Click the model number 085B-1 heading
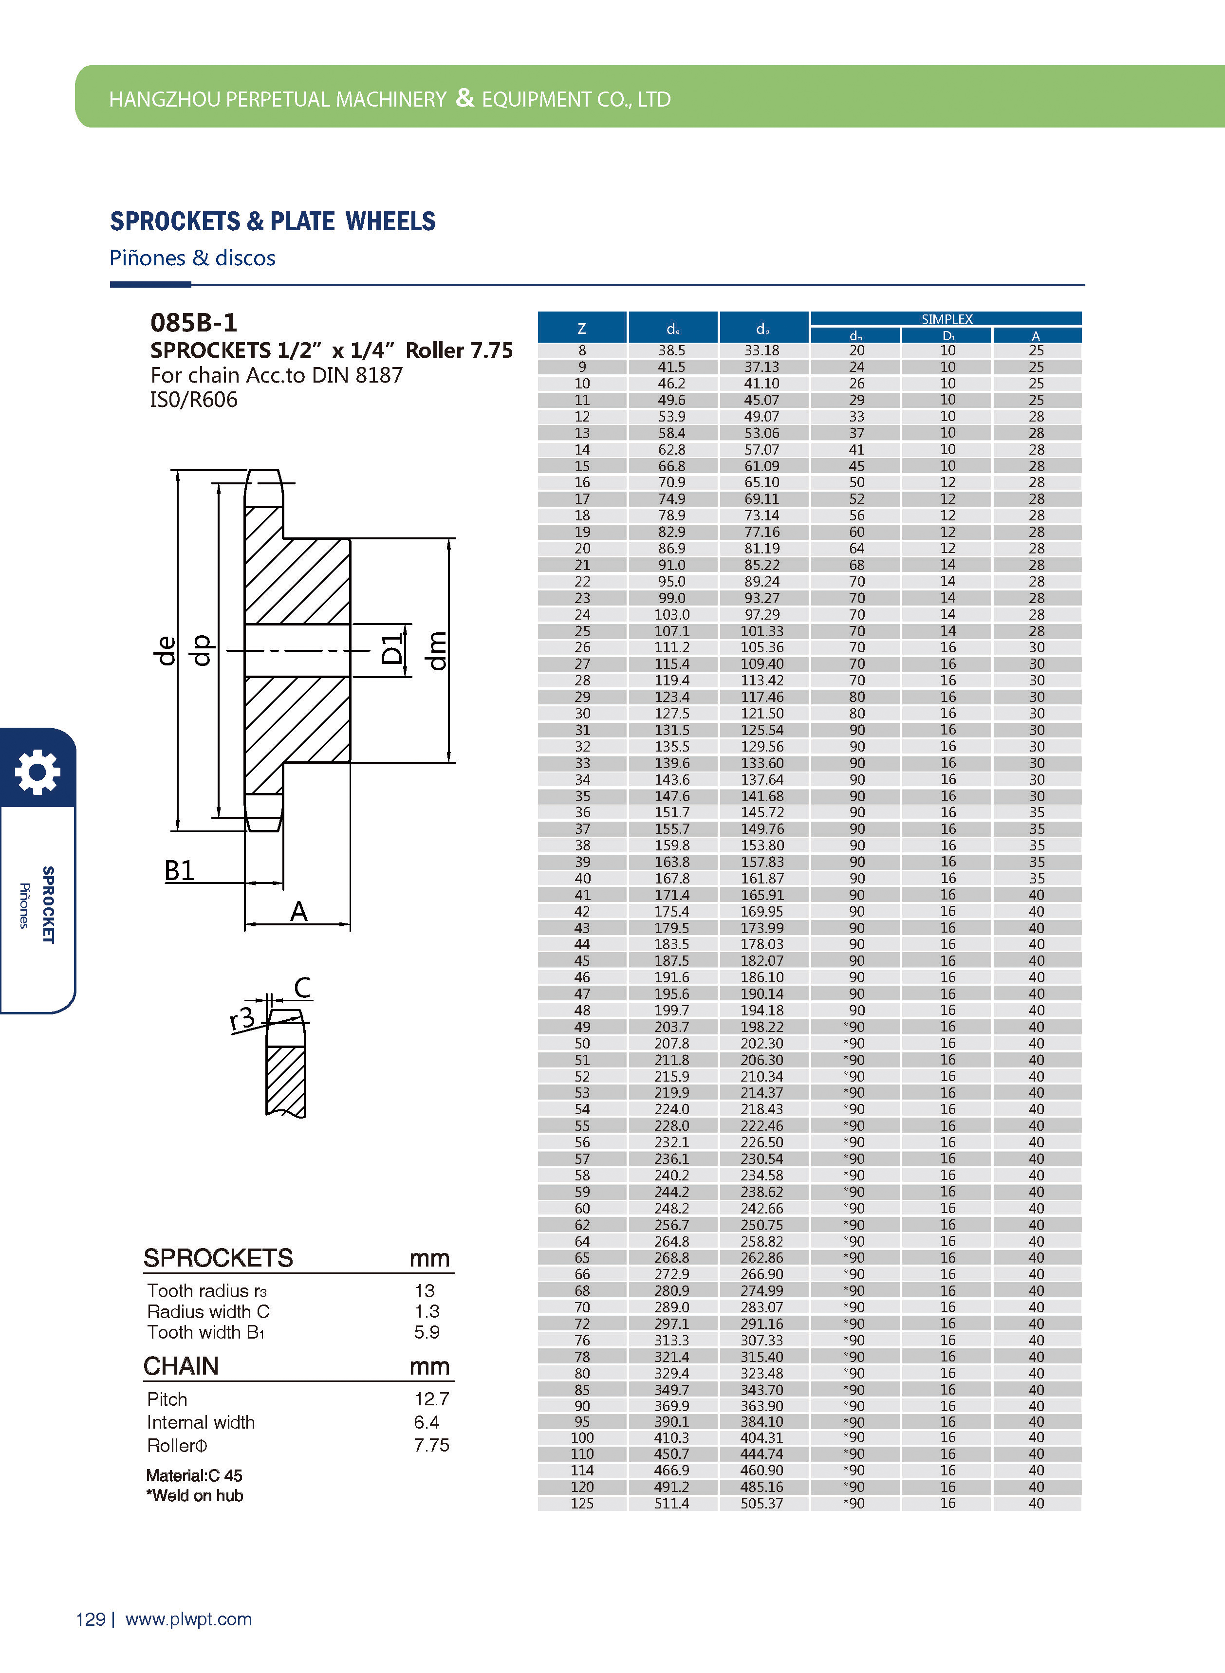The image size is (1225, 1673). (x=194, y=322)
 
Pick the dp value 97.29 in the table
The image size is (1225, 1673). (x=761, y=614)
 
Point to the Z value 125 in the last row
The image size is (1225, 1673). (x=582, y=1503)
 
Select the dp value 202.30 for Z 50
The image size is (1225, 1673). (x=761, y=1043)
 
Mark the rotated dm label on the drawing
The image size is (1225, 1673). (x=438, y=651)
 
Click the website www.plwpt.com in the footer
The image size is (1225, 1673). (x=188, y=1619)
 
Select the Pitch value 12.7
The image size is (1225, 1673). (x=431, y=1399)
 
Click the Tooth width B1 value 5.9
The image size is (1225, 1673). (x=427, y=1332)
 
